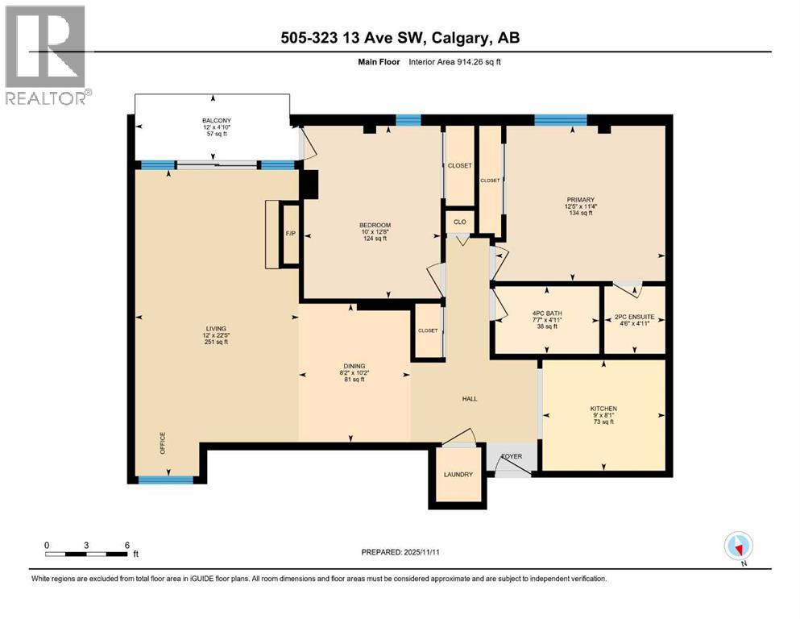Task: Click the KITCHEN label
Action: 603,409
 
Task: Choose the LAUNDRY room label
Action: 458,475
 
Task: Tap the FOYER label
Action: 512,456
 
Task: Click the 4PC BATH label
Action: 546,314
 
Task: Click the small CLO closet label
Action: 459,222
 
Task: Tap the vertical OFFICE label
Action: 162,442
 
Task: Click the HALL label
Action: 470,398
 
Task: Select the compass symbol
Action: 738,546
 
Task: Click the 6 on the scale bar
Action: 127,545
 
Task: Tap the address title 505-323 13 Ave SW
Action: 400,39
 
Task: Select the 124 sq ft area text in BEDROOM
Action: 375,239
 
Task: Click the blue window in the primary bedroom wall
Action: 560,121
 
